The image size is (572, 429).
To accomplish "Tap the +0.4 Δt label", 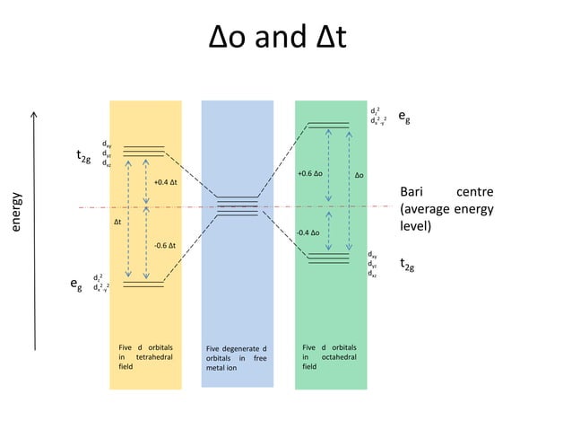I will [x=165, y=182].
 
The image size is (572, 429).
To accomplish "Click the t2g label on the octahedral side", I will [x=407, y=265].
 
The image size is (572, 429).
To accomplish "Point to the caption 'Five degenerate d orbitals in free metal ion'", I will [x=237, y=357].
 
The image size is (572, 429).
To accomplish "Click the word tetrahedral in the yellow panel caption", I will [x=152, y=356].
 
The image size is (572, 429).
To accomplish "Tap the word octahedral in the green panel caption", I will [x=336, y=356].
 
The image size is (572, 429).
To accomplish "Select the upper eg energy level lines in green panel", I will [x=328, y=123].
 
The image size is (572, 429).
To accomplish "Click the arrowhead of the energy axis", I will [x=35, y=114].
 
